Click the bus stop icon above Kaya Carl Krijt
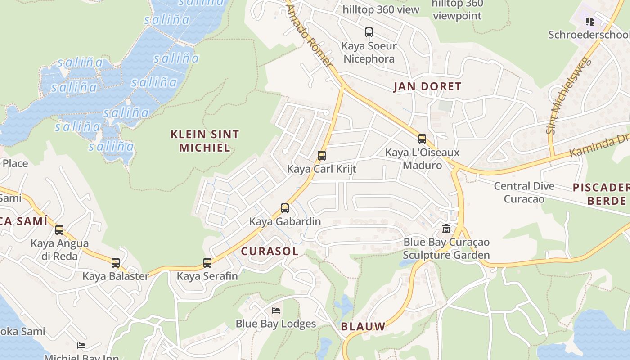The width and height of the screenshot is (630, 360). tap(322, 156)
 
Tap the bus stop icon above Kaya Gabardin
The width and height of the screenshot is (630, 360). tap(285, 208)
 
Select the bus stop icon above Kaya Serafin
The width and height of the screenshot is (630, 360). tap(207, 263)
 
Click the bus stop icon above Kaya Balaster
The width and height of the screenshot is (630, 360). tap(116, 263)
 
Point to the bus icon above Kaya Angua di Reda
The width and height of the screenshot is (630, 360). tap(59, 230)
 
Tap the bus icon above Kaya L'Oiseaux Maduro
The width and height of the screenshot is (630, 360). tap(422, 139)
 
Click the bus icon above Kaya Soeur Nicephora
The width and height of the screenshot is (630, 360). tap(369, 32)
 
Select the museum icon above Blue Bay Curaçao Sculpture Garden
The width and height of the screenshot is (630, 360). tap(446, 229)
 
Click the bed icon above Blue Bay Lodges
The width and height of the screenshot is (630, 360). tap(276, 310)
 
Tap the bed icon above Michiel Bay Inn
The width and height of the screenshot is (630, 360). tap(81, 346)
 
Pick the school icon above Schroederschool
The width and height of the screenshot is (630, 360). tap(590, 21)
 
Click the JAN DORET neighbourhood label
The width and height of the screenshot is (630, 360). tap(427, 86)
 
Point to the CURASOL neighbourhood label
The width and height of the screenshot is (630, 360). tap(270, 251)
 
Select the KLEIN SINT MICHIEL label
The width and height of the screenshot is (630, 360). tap(205, 140)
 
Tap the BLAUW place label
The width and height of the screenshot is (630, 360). tap(363, 326)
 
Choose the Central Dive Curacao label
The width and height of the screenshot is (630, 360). tap(524, 192)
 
